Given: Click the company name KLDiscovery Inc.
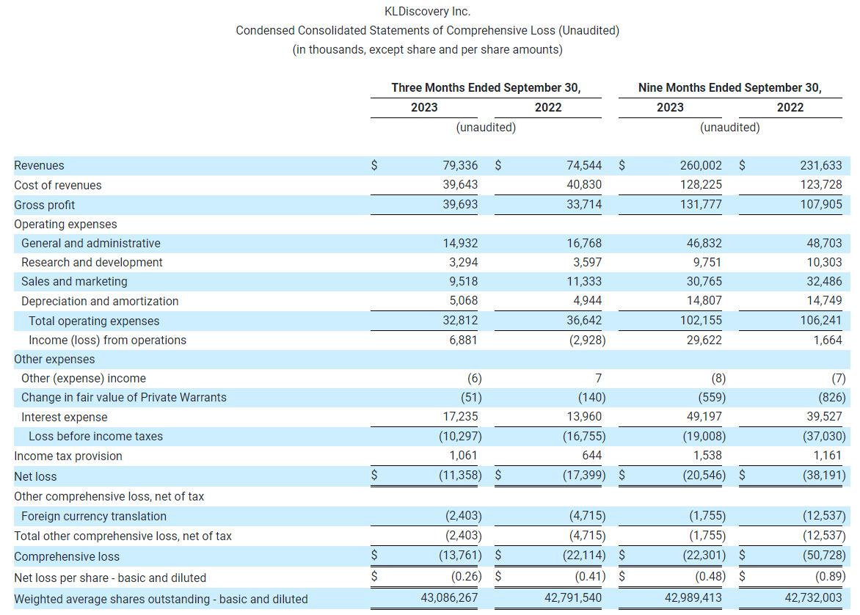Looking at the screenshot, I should click(427, 12).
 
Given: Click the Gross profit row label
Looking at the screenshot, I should click(45, 205).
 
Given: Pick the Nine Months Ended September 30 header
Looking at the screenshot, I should click(729, 87).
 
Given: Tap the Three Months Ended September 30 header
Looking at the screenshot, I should click(486, 87).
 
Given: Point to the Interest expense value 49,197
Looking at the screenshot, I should click(702, 417).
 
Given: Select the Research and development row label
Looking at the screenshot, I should click(92, 263).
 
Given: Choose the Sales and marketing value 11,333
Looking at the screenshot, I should click(584, 282).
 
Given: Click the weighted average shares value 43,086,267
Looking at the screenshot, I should click(449, 599).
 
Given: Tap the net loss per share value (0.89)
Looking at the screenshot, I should click(829, 577).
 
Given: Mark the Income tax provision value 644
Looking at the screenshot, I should click(591, 456).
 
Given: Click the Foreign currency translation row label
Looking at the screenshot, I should click(94, 517).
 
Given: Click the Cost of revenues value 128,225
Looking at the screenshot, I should click(702, 185).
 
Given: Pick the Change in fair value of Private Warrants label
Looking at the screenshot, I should click(124, 398).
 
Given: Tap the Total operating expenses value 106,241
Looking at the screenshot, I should click(822, 321).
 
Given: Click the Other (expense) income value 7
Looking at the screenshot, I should click(598, 379).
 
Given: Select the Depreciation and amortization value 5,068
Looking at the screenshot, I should click(461, 301).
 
